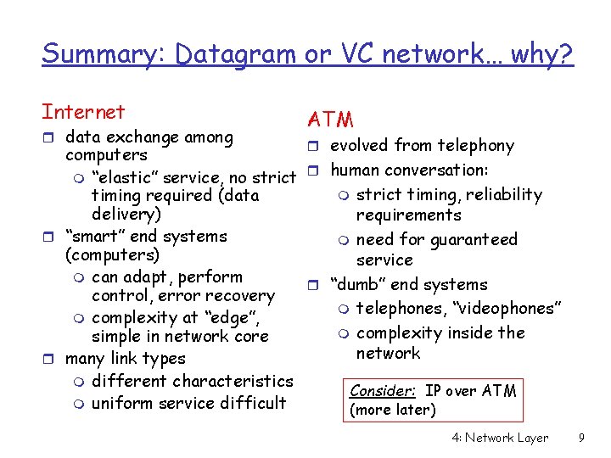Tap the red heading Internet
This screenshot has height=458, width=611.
(83, 112)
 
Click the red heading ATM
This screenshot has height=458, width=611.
(330, 120)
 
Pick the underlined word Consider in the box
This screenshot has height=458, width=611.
(383, 391)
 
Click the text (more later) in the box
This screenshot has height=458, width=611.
(392, 411)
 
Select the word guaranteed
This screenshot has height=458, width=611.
(474, 239)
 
